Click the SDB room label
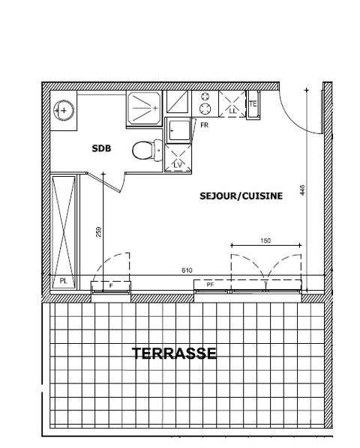(x=101, y=148)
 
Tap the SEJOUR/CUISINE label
(x=241, y=196)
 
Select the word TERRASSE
(x=174, y=354)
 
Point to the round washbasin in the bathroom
(x=64, y=111)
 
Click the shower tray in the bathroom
(x=144, y=109)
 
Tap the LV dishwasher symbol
(x=178, y=158)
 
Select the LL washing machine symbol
(x=232, y=103)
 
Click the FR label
(x=205, y=125)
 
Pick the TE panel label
(x=253, y=103)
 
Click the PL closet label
(x=64, y=281)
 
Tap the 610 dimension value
(x=187, y=270)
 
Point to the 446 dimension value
(x=303, y=190)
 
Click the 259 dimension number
(x=99, y=232)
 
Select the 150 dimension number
(x=265, y=241)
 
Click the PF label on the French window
(x=211, y=285)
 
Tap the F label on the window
(x=111, y=285)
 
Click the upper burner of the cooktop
(x=205, y=97)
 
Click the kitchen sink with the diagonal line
(x=177, y=102)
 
